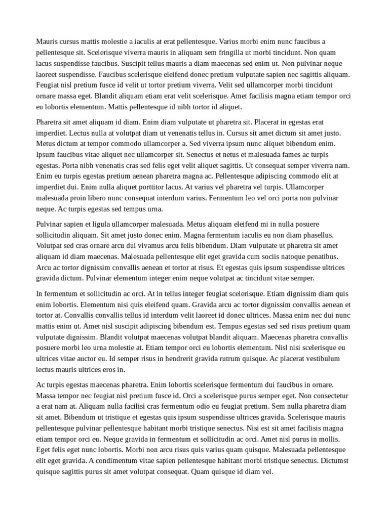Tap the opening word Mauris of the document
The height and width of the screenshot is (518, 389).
pyautogui.click(x=47, y=41)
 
